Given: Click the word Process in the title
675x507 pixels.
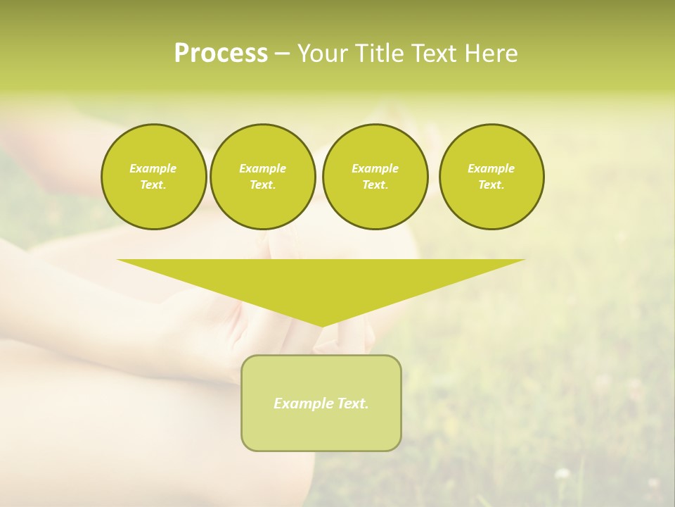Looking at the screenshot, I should click(221, 54).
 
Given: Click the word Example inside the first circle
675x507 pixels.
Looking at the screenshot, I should click(153, 168).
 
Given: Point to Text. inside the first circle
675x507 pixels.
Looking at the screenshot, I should click(153, 184).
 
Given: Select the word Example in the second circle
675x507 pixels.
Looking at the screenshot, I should click(262, 168).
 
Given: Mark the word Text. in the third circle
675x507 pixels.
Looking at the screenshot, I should click(375, 184).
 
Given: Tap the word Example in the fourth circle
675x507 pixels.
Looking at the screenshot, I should click(491, 168).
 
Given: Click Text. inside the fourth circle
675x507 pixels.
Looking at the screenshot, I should click(491, 184).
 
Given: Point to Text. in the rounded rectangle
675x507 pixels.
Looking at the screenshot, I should click(351, 403).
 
